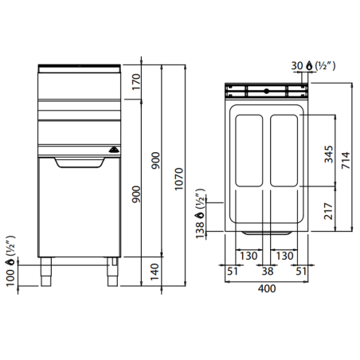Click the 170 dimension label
136,82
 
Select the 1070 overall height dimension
179,179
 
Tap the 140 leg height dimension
155,272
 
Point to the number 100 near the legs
10,278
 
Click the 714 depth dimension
346,160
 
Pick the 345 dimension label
329,154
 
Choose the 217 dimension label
329,211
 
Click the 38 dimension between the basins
268,272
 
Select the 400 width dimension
267,288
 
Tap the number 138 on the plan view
200,230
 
